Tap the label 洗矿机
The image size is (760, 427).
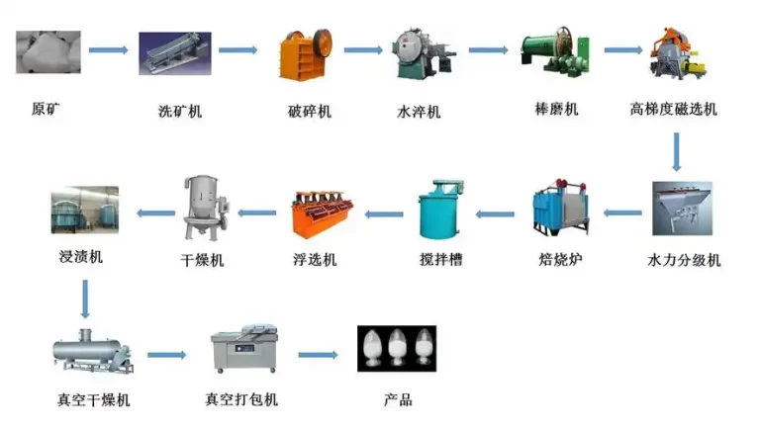180,111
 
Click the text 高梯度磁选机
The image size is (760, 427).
673,109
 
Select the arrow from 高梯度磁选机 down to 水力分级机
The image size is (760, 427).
678,151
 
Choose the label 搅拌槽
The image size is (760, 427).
441,260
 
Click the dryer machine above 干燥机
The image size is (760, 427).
204,209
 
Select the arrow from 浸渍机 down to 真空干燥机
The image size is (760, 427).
84,296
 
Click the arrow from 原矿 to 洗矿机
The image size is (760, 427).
108,49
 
